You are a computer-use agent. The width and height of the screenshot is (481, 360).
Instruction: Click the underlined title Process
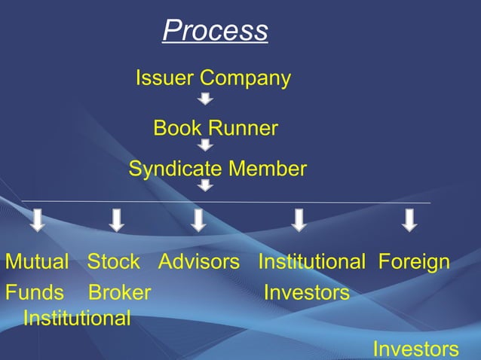215,31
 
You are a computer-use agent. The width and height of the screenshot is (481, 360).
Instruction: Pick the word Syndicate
176,169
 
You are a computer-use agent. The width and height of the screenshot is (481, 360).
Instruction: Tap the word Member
267,169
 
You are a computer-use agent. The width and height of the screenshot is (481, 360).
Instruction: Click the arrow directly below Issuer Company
205,99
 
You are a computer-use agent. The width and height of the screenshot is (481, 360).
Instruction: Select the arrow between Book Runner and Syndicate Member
205,145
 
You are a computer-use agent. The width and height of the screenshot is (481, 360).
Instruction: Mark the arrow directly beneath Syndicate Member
205,185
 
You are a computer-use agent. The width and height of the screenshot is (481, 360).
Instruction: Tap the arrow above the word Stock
116,220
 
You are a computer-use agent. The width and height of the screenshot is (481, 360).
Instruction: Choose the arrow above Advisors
198,220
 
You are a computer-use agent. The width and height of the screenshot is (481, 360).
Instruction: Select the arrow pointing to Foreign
409,220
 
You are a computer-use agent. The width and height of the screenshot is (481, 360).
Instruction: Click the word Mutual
37,262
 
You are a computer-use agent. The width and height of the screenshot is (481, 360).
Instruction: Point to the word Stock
113,262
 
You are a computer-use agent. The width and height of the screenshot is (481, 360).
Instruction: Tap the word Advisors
199,262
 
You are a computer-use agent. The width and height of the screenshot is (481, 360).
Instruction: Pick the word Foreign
414,262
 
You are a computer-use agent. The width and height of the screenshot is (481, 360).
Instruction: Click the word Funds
35,292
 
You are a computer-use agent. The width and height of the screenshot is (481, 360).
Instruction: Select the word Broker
119,292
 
